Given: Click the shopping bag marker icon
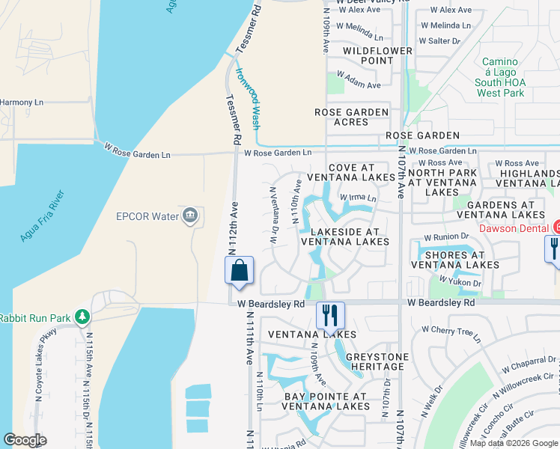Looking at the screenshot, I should pyautogui.click(x=239, y=270).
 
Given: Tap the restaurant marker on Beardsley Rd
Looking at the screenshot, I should pyautogui.click(x=330, y=314).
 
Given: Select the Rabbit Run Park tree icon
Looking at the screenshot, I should pyautogui.click(x=82, y=318).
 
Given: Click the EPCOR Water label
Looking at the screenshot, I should pyautogui.click(x=147, y=217).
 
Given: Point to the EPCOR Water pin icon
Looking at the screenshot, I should pyautogui.click(x=189, y=216).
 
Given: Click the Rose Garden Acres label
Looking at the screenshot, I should pyautogui.click(x=351, y=117).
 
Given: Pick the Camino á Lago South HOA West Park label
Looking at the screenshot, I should pyautogui.click(x=500, y=77).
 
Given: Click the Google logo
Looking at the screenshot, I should pyautogui.click(x=25, y=440).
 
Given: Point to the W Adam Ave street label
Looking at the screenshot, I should pyautogui.click(x=359, y=82).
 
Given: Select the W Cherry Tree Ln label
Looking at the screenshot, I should pyautogui.click(x=449, y=332).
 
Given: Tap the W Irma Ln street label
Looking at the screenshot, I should pyautogui.click(x=358, y=198).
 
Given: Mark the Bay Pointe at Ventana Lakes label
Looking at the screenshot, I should pyautogui.click(x=326, y=401).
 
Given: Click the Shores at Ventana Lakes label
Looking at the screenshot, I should pyautogui.click(x=454, y=259).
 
